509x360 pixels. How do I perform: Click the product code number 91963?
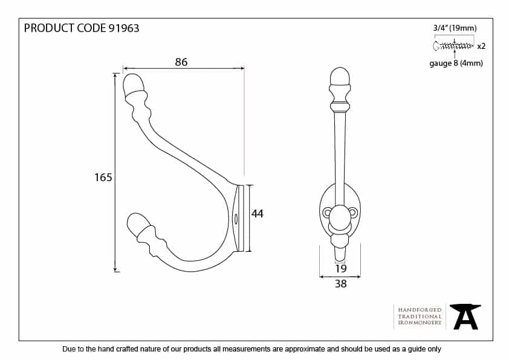pos(124,28)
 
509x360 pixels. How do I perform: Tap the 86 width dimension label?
pos(181,62)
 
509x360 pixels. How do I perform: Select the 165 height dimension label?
pos(103,178)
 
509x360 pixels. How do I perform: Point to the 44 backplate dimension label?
pos(258,213)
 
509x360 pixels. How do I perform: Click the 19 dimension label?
pos(341,268)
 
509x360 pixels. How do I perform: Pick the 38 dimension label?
pos(340,284)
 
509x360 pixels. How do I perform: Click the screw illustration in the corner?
pos(453,46)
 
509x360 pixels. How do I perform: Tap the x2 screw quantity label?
pos(481,46)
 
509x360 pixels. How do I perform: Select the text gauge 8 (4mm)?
pos(456,63)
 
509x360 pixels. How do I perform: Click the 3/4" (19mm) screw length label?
pos(455,28)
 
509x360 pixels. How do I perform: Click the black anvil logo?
pos(465,317)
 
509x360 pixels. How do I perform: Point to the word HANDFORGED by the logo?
pos(420,310)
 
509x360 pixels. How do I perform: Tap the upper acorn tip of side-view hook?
pos(134,85)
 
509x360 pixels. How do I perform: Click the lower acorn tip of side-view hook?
pos(138,224)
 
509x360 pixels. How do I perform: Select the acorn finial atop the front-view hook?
pos(340,77)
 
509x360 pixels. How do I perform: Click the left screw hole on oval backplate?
pos(327,213)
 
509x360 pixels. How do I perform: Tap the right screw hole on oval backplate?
pos(353,213)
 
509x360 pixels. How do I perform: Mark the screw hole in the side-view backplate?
pos(236,219)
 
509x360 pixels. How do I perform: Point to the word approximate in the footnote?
pos(305,349)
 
